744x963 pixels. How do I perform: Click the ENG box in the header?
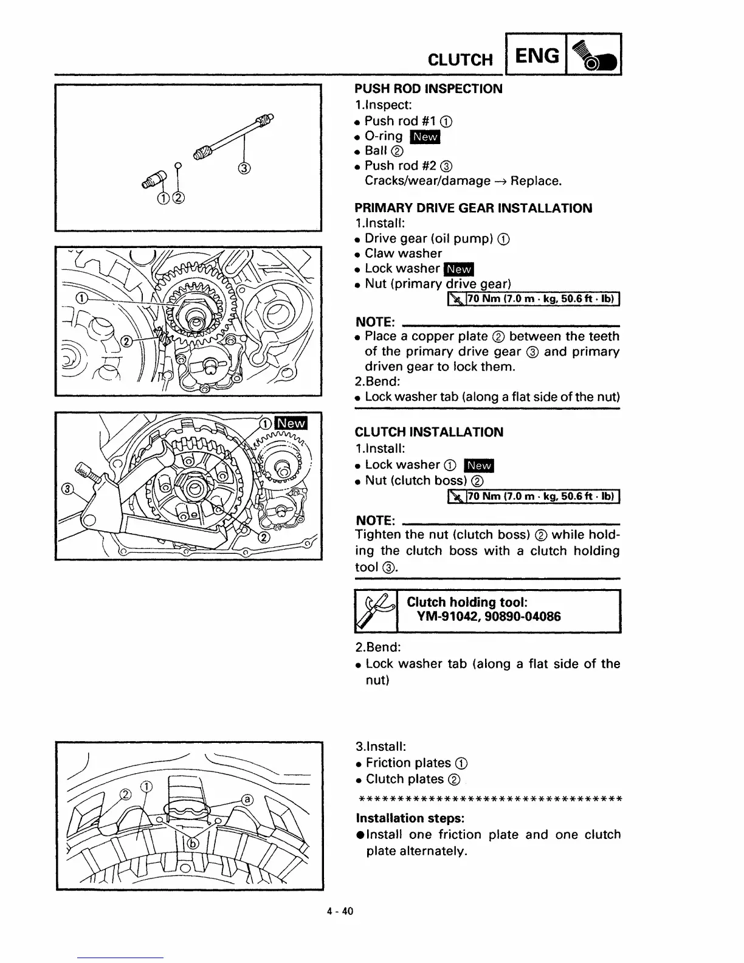click(x=537, y=55)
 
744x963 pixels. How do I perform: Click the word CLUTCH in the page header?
click(x=460, y=60)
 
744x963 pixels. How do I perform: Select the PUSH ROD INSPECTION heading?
click(x=429, y=89)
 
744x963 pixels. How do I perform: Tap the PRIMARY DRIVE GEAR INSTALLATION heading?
click(x=473, y=208)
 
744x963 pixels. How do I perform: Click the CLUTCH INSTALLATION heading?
click(x=429, y=432)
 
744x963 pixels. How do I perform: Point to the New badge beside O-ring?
click(x=425, y=137)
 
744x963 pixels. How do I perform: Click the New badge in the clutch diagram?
click(x=291, y=423)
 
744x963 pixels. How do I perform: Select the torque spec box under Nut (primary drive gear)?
click(x=533, y=299)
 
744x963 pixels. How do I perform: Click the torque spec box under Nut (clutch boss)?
click(x=533, y=497)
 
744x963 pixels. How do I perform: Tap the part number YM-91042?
click(x=450, y=617)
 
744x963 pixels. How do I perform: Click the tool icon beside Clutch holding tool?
click(x=376, y=612)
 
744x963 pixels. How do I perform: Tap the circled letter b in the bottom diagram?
click(x=193, y=843)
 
